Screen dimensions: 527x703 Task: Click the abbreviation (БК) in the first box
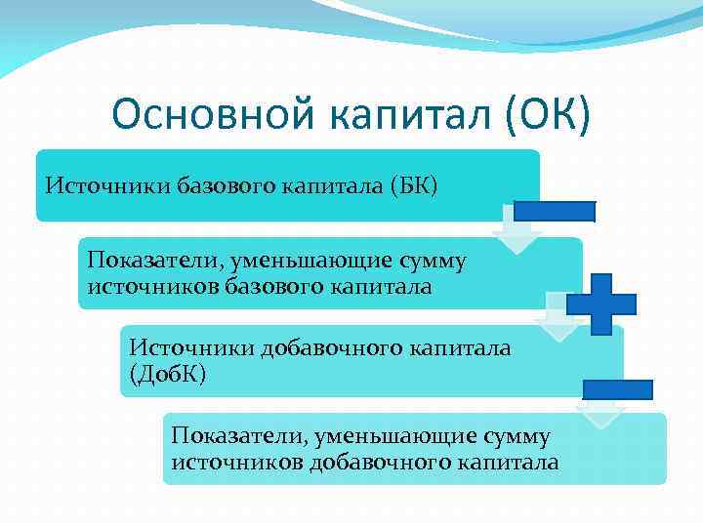413,185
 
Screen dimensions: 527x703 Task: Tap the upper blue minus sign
554,212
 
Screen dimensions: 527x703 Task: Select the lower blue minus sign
617,389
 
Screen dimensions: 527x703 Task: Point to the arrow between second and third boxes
558,322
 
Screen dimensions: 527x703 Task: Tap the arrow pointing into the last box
600,413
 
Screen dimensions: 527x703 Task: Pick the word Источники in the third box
191,348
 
